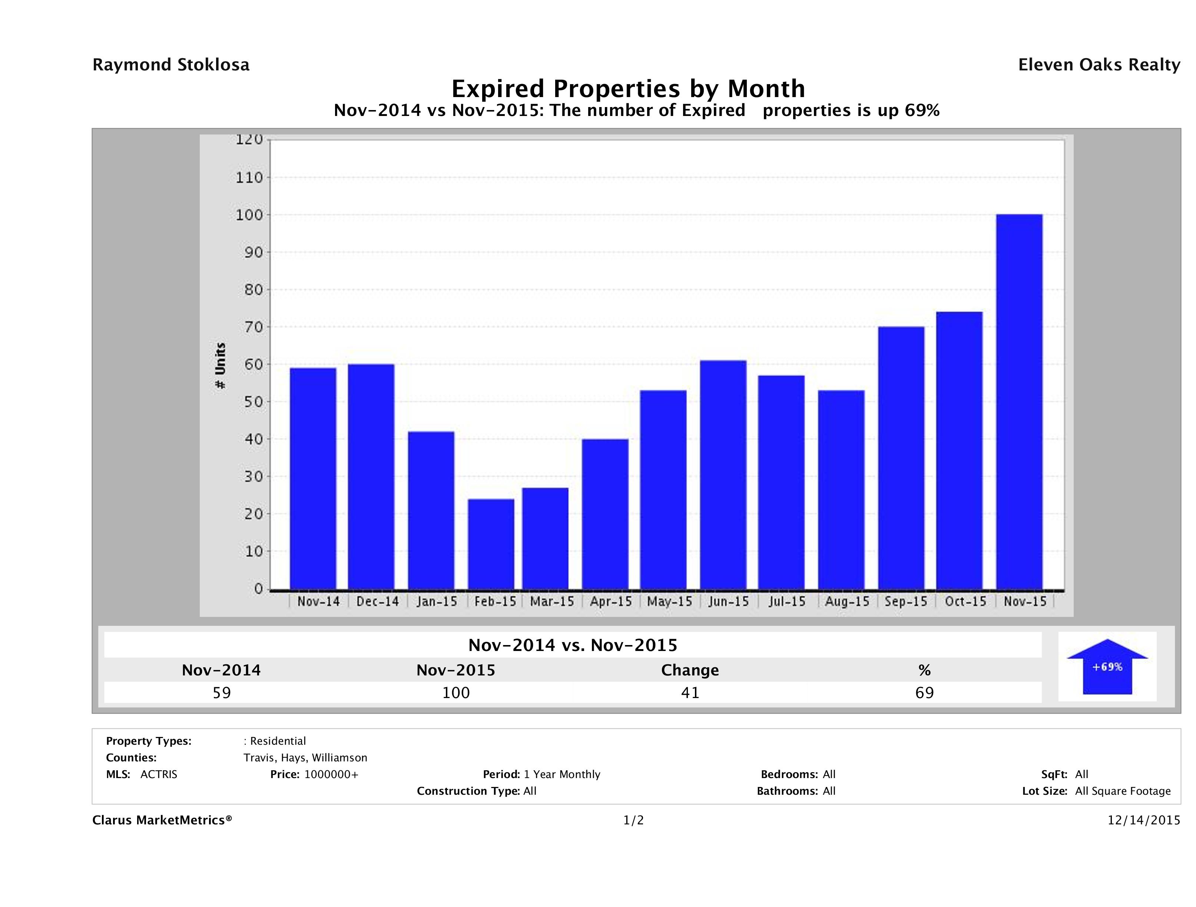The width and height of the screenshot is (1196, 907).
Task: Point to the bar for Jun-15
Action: coord(723,475)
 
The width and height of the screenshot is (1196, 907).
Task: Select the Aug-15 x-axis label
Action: coord(847,602)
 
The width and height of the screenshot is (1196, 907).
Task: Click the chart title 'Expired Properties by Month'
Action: coord(628,89)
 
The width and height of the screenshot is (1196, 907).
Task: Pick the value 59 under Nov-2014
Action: coord(222,692)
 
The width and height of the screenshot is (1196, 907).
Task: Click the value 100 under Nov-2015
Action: coord(456,692)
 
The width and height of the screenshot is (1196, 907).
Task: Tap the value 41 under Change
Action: coord(690,692)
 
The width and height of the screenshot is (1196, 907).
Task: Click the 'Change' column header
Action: coord(690,670)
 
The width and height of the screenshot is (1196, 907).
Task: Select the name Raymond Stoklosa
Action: coord(171,65)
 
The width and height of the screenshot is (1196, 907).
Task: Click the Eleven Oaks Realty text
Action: coord(1099,65)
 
